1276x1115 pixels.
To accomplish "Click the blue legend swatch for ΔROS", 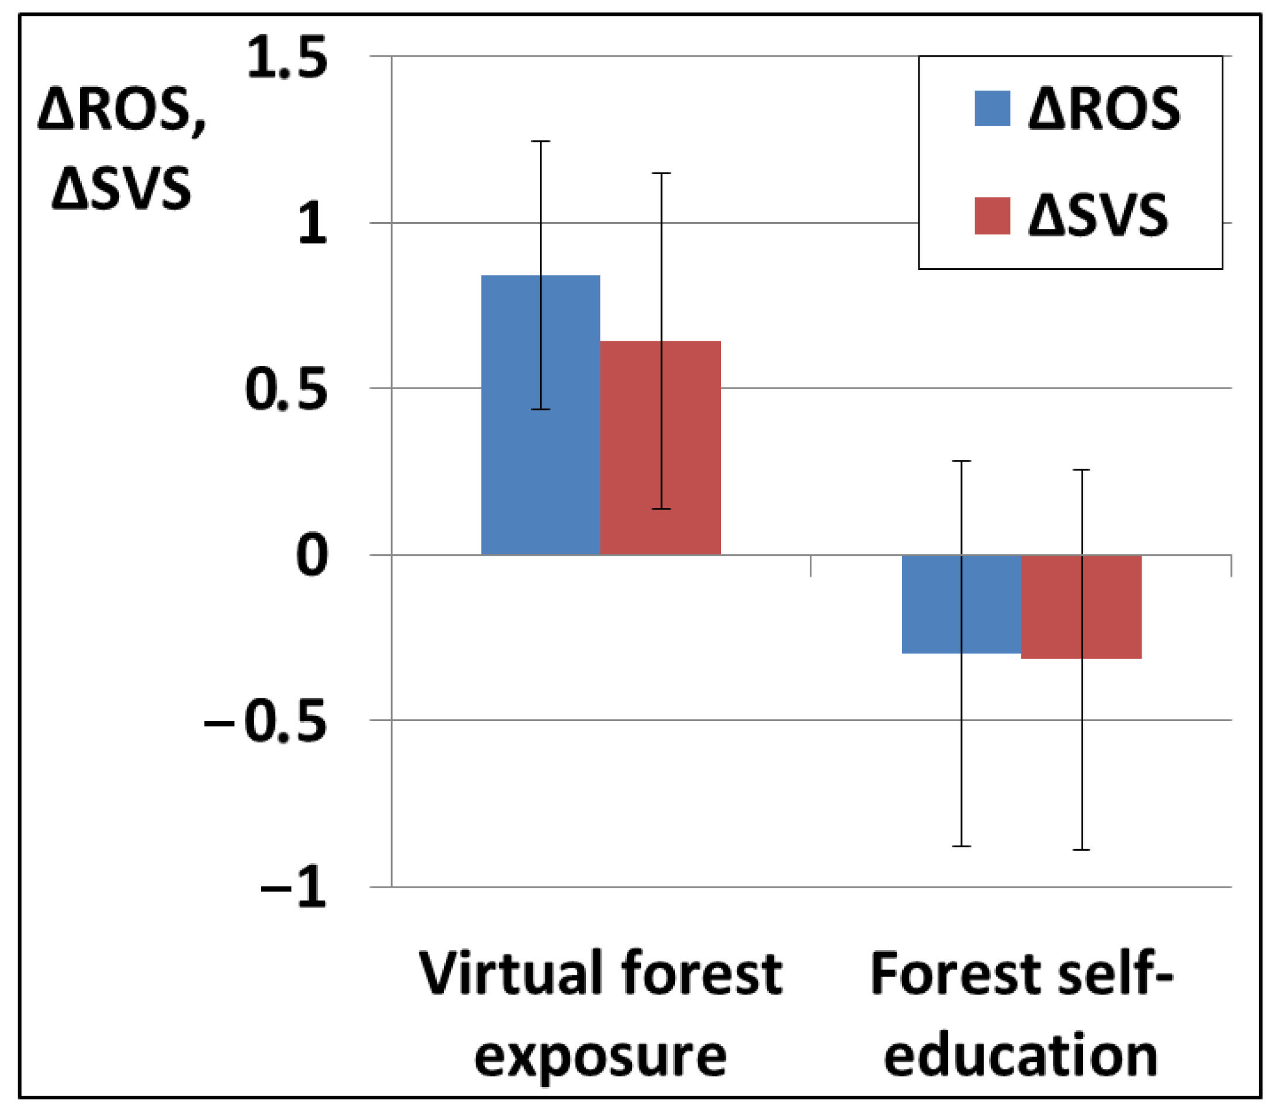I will coord(991,109).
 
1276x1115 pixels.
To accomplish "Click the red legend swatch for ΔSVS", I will coord(991,216).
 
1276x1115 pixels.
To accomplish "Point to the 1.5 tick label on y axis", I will coord(287,58).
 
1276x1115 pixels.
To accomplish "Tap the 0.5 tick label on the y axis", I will coord(287,390).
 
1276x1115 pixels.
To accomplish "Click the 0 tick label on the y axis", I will coord(311,555).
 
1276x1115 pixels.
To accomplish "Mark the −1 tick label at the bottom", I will coord(292,888).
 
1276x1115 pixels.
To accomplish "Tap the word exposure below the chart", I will coord(600,1057).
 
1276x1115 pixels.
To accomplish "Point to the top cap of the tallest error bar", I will coord(540,142).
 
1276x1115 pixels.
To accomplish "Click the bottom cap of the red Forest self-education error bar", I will coord(1081,850).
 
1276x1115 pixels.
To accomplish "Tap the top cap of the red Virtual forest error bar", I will coord(661,174).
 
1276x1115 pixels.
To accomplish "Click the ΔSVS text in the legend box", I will coord(1097,216).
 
